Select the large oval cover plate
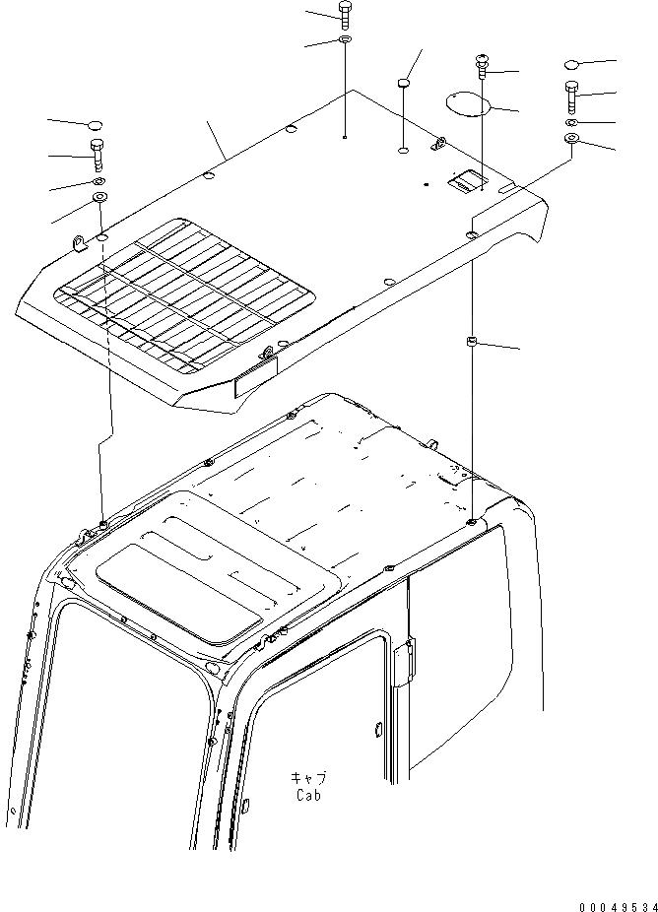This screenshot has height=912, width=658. pyautogui.click(x=465, y=102)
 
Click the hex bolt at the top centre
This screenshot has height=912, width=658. pyautogui.click(x=345, y=15)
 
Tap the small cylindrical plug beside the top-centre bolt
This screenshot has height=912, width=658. pyautogui.click(x=403, y=85)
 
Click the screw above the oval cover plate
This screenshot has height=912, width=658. pyautogui.click(x=483, y=66)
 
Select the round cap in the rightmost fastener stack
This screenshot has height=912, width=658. pyautogui.click(x=573, y=64)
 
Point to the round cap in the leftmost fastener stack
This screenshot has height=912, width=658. pyautogui.click(x=96, y=125)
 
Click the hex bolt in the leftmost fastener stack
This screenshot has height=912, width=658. pyautogui.click(x=97, y=155)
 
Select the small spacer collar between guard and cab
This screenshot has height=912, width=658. pyautogui.click(x=472, y=342)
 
